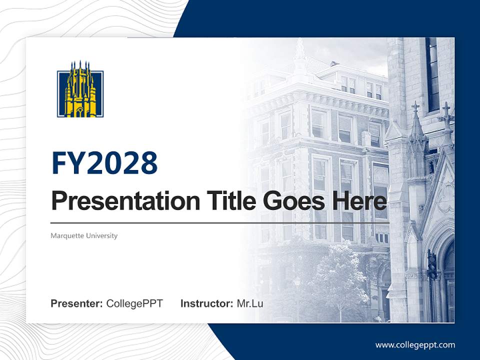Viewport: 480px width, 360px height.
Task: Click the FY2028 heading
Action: point(104,163)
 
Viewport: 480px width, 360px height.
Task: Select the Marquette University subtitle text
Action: point(84,235)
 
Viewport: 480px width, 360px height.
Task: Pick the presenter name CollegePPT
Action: point(134,303)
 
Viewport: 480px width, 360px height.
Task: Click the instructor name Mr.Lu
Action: point(249,303)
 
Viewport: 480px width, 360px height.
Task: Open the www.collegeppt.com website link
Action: point(415,344)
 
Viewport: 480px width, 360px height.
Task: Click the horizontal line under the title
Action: point(220,223)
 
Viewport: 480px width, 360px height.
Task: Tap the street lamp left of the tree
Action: point(297,290)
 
